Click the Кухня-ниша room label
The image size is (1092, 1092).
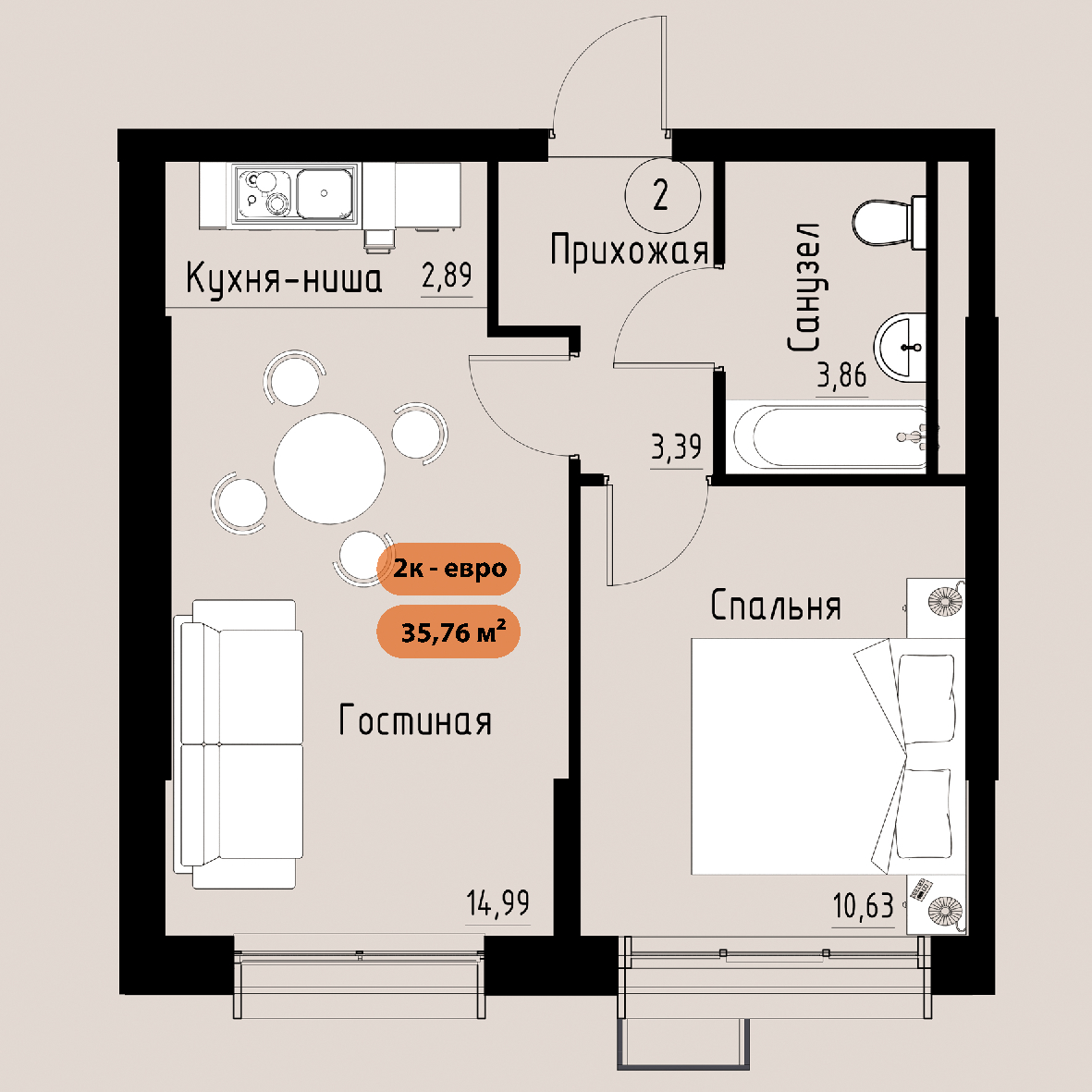click(x=284, y=278)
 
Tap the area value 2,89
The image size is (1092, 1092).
click(x=448, y=276)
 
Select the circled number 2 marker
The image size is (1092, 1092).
click(x=662, y=195)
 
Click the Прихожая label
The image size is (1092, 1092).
click(x=629, y=250)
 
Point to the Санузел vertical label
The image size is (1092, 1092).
click(x=804, y=287)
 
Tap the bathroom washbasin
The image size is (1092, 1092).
click(x=900, y=346)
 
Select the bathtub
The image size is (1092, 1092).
click(x=828, y=436)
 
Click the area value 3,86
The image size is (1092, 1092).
click(x=842, y=376)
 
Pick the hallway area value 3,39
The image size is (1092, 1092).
click(x=676, y=447)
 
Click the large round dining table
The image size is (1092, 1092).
click(x=329, y=468)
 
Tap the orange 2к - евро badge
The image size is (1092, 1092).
click(x=449, y=569)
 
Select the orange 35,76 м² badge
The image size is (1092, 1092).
click(x=449, y=632)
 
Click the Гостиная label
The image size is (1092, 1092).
click(x=415, y=720)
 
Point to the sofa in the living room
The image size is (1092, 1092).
click(x=239, y=743)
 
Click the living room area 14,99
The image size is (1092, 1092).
click(x=498, y=903)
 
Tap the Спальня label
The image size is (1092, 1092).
click(x=776, y=605)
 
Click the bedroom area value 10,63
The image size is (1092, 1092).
click(x=864, y=906)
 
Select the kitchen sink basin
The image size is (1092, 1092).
click(x=325, y=192)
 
